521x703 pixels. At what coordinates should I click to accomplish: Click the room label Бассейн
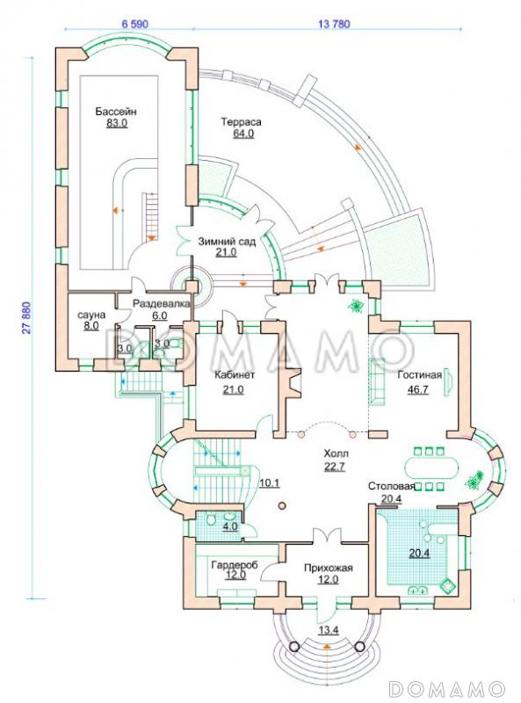116,112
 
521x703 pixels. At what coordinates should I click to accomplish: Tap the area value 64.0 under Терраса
243,134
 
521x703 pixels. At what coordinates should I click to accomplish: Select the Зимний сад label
227,242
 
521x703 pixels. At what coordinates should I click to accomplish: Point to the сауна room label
91,315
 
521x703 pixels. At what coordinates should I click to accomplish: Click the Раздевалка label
161,303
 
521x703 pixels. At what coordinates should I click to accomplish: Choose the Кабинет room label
235,375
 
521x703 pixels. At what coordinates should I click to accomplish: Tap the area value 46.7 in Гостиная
417,389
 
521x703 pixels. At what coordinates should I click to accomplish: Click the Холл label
336,453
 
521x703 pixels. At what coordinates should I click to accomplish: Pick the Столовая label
391,487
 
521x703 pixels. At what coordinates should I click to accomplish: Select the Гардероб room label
235,565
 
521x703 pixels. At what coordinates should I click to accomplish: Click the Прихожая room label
329,568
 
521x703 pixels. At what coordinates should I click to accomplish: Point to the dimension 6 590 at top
135,24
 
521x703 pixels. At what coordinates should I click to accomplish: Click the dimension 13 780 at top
334,24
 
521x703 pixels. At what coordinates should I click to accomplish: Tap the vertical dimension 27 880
27,317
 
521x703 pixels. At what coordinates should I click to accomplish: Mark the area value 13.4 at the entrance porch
329,630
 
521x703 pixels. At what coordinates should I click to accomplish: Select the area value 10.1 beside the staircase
270,482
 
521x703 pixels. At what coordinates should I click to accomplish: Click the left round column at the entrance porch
294,647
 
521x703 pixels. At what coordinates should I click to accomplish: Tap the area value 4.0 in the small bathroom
229,526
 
